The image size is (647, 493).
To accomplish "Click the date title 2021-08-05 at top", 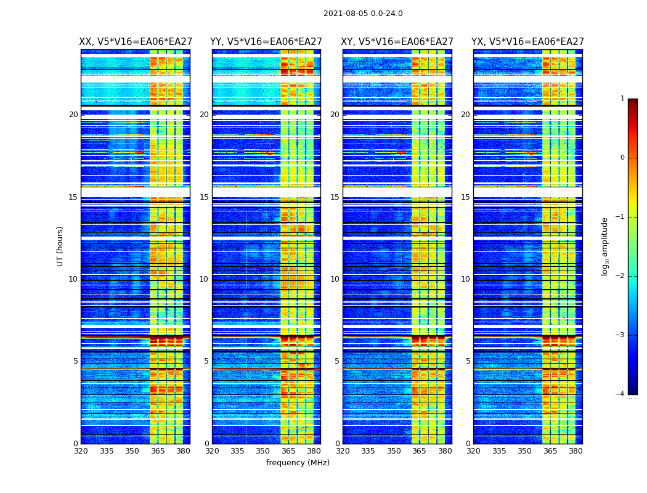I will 363,14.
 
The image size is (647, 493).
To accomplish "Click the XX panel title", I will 135,42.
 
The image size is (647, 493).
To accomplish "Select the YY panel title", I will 266,42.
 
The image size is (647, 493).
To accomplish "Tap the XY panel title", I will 397,42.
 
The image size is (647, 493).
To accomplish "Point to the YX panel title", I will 527,42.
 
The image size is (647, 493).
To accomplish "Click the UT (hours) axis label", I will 60,246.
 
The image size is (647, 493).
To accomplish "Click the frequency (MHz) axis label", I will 298,463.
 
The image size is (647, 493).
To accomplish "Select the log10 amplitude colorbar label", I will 605,246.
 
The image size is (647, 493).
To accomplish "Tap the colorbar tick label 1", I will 622,99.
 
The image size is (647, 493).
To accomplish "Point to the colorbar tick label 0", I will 622,158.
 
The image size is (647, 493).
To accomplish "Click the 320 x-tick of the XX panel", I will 81,451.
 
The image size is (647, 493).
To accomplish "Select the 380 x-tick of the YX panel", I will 576,451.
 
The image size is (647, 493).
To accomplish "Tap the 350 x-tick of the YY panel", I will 263,451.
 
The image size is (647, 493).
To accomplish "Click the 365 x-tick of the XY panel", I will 419,451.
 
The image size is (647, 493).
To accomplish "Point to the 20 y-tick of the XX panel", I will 73,115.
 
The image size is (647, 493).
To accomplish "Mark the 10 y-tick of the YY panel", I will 204,279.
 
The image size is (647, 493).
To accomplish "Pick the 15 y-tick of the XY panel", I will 335,197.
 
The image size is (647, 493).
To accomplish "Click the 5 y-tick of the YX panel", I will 468,361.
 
